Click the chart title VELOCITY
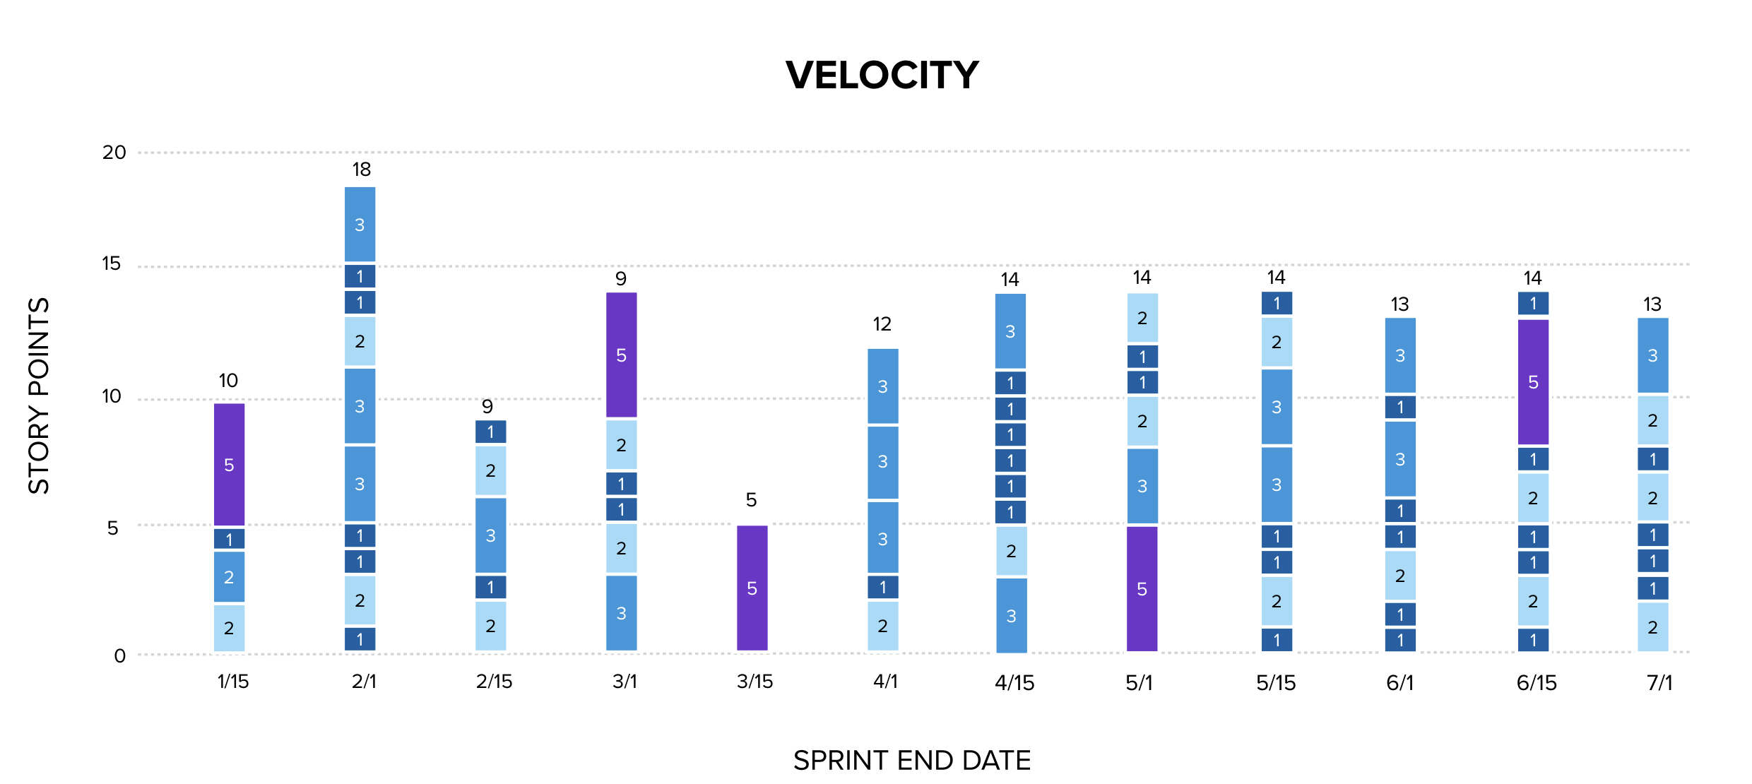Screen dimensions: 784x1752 click(882, 75)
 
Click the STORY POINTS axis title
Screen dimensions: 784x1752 click(39, 396)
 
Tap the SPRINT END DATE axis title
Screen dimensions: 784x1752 click(911, 761)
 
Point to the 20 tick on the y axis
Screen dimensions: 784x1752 click(114, 153)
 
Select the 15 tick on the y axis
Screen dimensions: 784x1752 click(111, 264)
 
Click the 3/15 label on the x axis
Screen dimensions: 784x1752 click(754, 682)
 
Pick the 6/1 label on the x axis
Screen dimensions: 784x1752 click(1399, 683)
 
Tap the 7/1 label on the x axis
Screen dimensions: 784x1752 click(1659, 683)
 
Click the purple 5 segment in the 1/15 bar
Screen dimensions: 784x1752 click(229, 465)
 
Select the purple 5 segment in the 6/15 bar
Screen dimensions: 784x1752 click(1533, 382)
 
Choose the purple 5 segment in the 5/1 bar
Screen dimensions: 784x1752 click(1142, 589)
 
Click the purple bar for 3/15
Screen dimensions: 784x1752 click(752, 588)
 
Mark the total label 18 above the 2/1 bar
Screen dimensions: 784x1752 click(361, 170)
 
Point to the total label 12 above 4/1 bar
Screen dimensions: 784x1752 click(882, 324)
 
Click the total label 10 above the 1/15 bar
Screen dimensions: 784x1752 click(228, 381)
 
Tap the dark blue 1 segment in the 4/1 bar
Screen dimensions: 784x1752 click(882, 587)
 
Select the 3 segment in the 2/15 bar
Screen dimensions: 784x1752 click(490, 535)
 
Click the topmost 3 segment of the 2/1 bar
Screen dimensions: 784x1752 click(360, 225)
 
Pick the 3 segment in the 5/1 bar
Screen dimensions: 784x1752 click(1142, 486)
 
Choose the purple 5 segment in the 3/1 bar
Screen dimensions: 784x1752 click(621, 355)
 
